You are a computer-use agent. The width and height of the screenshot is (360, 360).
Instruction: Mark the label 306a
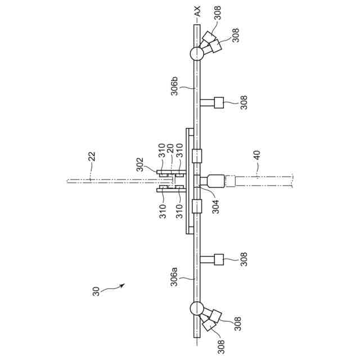click(x=175, y=277)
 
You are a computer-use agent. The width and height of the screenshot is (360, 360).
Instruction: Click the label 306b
click(x=175, y=89)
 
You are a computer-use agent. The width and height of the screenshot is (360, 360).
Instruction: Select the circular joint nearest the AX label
click(x=196, y=54)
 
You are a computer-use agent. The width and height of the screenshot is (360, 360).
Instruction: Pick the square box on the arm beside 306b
click(x=219, y=102)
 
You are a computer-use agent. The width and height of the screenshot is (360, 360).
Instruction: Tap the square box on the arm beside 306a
click(x=219, y=259)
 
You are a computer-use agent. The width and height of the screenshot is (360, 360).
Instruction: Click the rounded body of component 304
click(x=215, y=182)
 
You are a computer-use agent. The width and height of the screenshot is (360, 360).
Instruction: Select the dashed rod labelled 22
click(x=107, y=181)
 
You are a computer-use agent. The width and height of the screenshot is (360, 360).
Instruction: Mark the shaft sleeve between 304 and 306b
click(x=196, y=155)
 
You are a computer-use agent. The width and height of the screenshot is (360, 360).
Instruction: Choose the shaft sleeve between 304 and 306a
click(x=196, y=206)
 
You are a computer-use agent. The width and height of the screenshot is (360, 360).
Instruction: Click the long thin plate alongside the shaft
click(x=187, y=181)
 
